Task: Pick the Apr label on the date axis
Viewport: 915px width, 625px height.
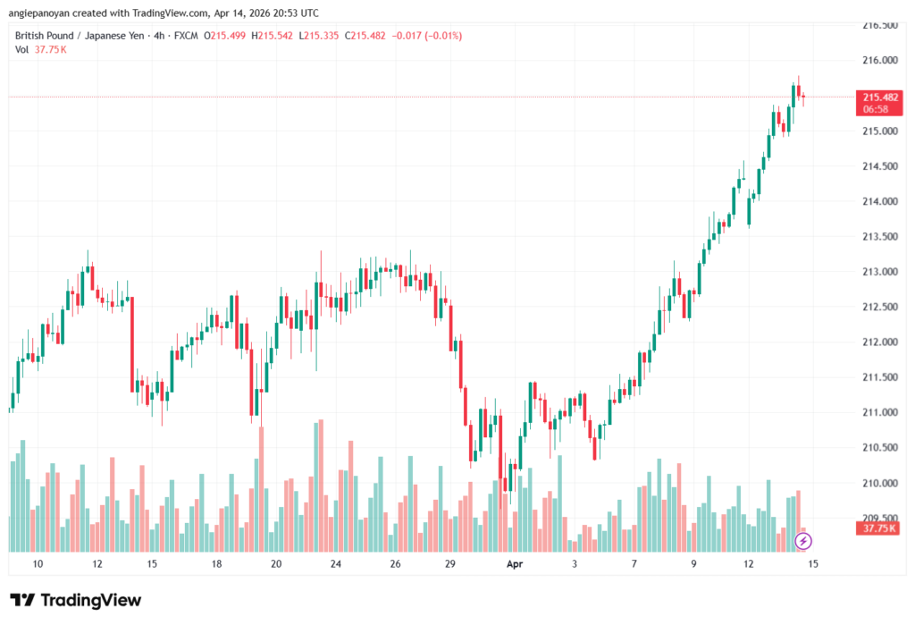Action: coord(514,564)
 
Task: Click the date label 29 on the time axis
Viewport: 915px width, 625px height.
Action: coord(449,564)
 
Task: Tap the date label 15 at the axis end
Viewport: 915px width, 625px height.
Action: coord(812,564)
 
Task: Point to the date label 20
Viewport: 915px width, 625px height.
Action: coord(276,564)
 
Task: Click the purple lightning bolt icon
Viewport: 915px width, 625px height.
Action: coord(803,541)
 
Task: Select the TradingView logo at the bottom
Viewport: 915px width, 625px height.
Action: coord(76,600)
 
